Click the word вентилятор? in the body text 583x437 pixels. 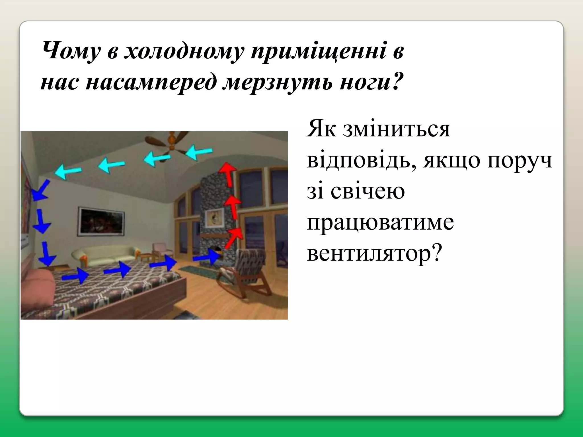pos(374,253)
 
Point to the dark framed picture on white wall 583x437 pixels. pos(101,222)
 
